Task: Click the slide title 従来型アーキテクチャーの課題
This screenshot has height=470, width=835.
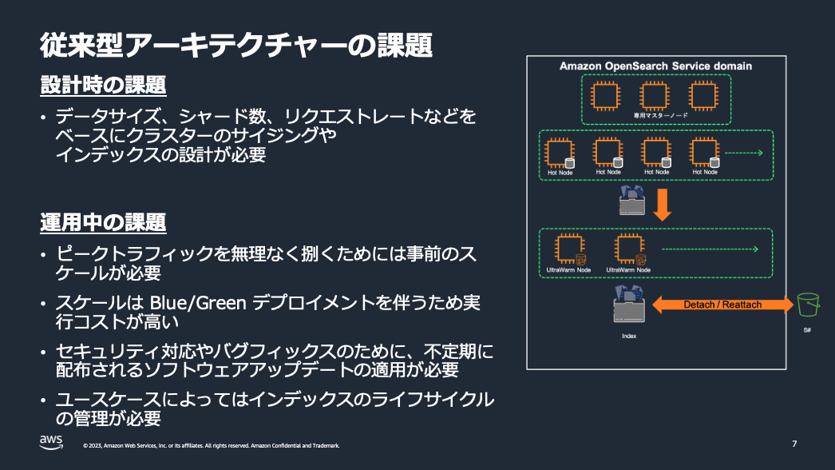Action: pyautogui.click(x=236, y=46)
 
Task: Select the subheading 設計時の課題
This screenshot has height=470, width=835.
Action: pyautogui.click(x=103, y=85)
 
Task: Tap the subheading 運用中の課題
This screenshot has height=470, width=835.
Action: pyautogui.click(x=103, y=221)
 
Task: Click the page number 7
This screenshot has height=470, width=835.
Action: pyautogui.click(x=794, y=444)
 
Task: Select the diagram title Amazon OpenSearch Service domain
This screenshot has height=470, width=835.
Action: pyautogui.click(x=655, y=66)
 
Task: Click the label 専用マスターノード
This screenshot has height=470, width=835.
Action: pyautogui.click(x=655, y=116)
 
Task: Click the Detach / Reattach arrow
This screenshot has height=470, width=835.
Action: pyautogui.click(x=722, y=305)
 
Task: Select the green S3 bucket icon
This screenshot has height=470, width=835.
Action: pyautogui.click(x=808, y=305)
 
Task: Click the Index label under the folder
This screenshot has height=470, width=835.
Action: pyautogui.click(x=629, y=336)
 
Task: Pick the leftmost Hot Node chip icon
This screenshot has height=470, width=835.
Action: pyautogui.click(x=560, y=152)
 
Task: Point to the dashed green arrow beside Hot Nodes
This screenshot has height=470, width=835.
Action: pyautogui.click(x=744, y=153)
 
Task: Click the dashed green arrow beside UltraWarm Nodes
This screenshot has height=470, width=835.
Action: pyautogui.click(x=710, y=249)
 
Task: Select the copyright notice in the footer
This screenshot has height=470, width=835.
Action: pyautogui.click(x=211, y=445)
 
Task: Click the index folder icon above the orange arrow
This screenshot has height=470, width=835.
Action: pyautogui.click(x=631, y=201)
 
